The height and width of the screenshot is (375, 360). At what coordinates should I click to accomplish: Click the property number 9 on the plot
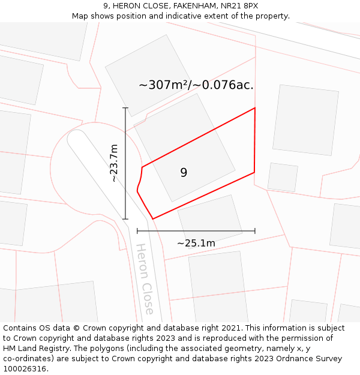[x=184, y=173]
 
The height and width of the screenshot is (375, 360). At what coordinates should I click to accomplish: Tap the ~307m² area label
[x=196, y=85]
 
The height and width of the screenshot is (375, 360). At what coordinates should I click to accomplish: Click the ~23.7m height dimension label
[x=114, y=163]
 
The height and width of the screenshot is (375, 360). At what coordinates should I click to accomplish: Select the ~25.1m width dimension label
[x=196, y=243]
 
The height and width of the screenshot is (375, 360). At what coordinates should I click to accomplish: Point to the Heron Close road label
[x=145, y=278]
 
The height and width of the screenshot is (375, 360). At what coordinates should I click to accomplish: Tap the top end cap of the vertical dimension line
[x=125, y=108]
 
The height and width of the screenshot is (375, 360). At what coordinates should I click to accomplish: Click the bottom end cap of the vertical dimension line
[x=125, y=219]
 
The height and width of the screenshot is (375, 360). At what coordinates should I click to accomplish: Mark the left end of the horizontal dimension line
[x=137, y=230]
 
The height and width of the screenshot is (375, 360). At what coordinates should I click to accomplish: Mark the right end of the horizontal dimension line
[x=255, y=230]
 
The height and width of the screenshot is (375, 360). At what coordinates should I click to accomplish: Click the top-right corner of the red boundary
[x=255, y=108]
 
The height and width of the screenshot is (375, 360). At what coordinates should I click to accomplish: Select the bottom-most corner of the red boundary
[x=153, y=219]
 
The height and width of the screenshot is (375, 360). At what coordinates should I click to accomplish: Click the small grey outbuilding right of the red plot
[x=283, y=177]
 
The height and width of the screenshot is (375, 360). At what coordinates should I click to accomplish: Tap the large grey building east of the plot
[x=305, y=120]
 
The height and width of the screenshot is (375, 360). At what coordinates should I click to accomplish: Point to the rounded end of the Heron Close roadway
[x=76, y=137]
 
